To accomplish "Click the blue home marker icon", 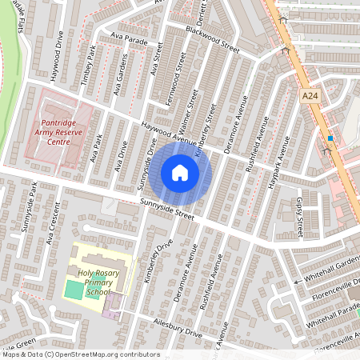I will (179, 173).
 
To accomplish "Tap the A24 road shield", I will (310, 95).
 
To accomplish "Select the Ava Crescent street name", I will (53, 227).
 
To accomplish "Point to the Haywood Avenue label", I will (168, 134).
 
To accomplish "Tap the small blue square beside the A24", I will (330, 138).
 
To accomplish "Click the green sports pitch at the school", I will (74, 288).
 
